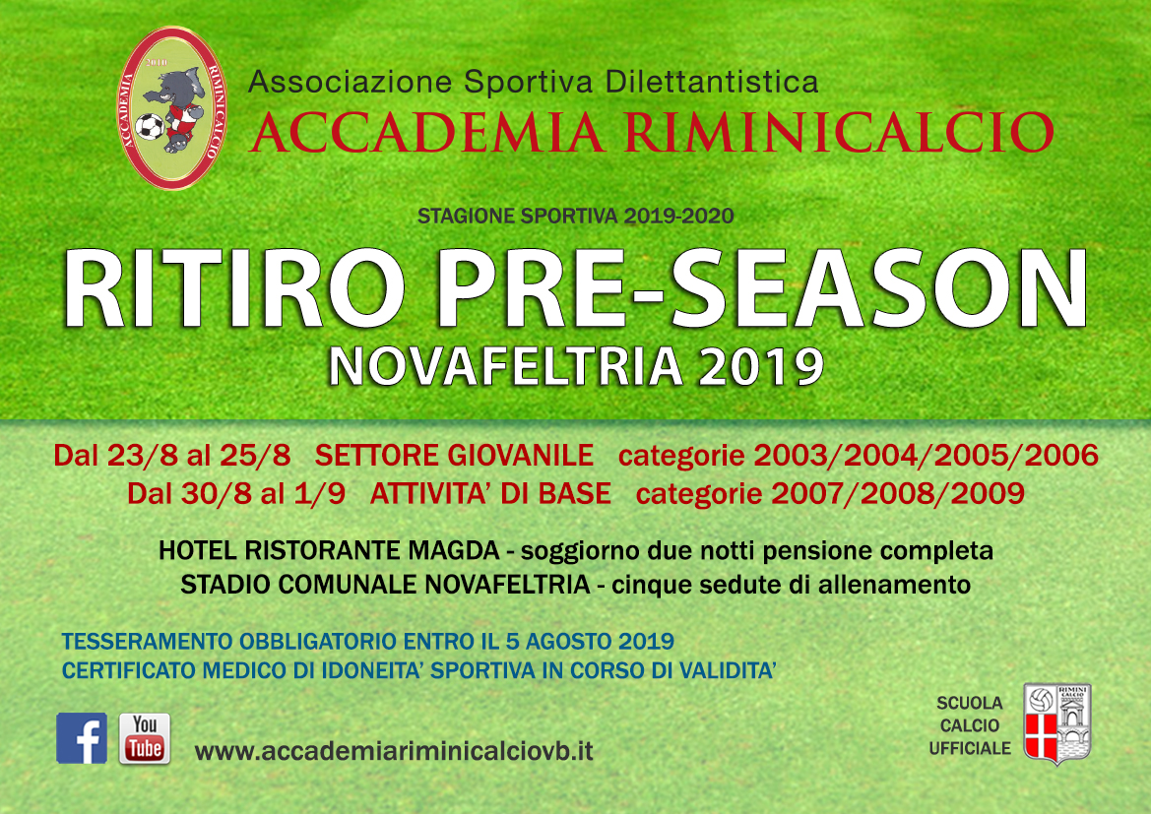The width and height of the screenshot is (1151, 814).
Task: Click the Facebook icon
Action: pos(82,737)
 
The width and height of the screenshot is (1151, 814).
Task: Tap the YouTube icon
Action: pos(145,738)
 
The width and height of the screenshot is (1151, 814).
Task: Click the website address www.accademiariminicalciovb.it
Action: pos(394,751)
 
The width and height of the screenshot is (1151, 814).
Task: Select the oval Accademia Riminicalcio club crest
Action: pos(171,108)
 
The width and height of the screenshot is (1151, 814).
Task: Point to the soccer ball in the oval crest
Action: pos(151,126)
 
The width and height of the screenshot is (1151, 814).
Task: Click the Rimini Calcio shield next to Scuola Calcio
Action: pos(1057,723)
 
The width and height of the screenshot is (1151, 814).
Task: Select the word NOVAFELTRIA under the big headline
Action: pos(506,366)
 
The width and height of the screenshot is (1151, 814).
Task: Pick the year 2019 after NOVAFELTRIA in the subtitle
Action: pos(761,366)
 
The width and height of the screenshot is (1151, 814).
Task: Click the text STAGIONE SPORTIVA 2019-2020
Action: pos(575,216)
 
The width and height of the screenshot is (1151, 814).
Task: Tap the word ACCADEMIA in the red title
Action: pos(426,132)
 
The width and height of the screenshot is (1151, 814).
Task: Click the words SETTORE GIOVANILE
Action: pos(454,455)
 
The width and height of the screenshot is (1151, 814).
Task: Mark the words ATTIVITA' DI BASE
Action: pos(490,493)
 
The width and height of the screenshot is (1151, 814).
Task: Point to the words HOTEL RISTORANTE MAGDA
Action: pos(329,550)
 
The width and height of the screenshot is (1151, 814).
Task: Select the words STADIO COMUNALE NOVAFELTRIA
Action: pos(385,585)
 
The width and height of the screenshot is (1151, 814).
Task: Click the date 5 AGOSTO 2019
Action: pos(590,641)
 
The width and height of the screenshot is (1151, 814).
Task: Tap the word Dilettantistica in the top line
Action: pos(711,82)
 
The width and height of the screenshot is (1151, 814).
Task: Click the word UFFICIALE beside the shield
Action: pos(970,748)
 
